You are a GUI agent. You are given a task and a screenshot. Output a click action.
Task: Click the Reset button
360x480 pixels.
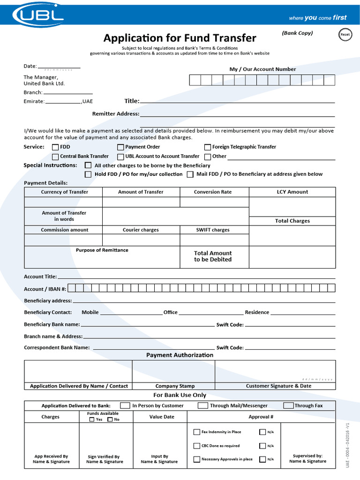point(345,35)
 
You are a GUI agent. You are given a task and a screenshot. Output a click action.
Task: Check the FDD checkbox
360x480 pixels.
point(55,147)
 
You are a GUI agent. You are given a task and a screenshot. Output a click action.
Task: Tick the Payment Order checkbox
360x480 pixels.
point(121,147)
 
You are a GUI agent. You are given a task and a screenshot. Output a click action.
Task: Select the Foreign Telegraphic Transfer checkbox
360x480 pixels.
point(208,147)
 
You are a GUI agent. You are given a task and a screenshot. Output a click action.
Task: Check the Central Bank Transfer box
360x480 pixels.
point(55,157)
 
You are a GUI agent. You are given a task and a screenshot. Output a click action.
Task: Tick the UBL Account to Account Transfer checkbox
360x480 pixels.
point(121,157)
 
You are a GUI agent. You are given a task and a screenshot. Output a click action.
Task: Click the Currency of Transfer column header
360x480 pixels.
point(64,192)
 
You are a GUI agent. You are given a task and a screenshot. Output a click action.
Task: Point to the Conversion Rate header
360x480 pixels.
point(213,192)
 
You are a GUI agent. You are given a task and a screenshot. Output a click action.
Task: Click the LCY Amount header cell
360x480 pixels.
point(292,192)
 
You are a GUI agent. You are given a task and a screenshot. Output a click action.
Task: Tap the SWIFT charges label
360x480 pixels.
point(213,230)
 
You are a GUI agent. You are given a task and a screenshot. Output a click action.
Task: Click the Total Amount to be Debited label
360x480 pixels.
point(213,256)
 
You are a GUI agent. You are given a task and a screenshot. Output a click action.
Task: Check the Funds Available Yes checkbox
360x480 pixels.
point(92,420)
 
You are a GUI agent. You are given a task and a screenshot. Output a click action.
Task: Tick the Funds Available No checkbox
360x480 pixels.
point(110,420)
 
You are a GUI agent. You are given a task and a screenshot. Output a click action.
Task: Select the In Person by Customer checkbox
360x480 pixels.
point(125,405)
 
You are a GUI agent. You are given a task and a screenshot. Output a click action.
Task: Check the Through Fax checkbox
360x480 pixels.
point(288,405)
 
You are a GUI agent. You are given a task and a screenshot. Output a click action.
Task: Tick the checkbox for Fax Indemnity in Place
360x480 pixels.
point(197,432)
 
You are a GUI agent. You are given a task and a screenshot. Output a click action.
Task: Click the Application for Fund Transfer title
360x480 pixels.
point(180,38)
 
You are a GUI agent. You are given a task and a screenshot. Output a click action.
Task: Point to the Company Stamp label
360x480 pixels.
point(174,386)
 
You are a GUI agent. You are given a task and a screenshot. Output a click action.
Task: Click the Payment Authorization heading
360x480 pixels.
point(180,355)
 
